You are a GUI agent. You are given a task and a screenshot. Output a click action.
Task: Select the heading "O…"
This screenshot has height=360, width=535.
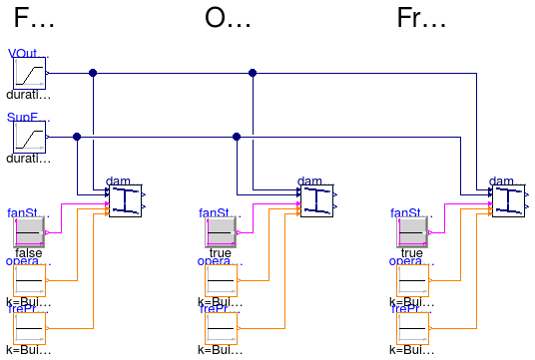point(228,19)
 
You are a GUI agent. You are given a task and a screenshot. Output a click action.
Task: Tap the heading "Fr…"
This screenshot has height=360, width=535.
point(421,19)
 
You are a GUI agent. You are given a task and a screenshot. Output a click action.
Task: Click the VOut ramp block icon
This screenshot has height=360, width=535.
point(30,73)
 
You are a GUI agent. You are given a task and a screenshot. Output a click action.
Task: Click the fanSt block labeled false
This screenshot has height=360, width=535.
point(30,232)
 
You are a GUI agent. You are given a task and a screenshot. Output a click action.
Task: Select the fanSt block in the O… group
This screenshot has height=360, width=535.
point(222,232)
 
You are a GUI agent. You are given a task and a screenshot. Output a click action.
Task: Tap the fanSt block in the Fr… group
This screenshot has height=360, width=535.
point(412,232)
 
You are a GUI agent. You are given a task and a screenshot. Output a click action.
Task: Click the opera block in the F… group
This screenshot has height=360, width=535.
point(30,280)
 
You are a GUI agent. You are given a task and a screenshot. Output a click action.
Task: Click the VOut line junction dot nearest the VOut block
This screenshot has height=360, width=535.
point(93,73)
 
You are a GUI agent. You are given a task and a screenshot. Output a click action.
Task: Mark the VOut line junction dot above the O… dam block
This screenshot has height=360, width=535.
point(253,73)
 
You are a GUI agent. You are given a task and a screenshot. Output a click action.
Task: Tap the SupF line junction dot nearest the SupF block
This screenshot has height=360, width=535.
point(77,137)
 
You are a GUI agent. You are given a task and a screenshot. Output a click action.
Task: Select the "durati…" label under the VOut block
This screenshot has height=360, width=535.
point(28,95)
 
